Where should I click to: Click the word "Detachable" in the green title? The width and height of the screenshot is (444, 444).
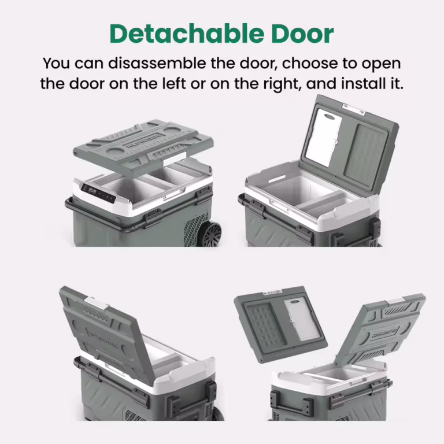point(187,34)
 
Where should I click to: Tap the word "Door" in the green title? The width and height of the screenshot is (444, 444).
point(303,34)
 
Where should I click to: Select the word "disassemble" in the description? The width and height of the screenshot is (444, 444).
point(157,63)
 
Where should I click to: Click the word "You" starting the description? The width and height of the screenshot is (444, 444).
point(56,63)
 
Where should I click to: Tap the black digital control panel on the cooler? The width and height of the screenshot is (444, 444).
point(98,193)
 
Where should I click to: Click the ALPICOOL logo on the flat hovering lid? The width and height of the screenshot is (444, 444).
point(143,140)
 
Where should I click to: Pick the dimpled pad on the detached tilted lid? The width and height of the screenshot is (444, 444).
point(265,326)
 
